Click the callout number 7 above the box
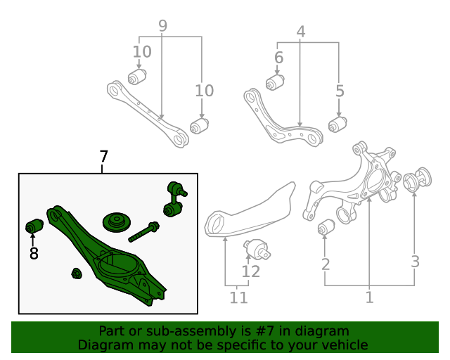tap(104, 157)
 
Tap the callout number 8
tap(34, 253)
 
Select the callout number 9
tap(162, 26)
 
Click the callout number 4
tap(301, 32)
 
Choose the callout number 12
tap(251, 271)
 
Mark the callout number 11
tap(239, 298)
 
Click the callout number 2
tap(326, 264)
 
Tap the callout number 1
tap(369, 297)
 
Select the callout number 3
tap(416, 262)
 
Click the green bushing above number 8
tap(34, 227)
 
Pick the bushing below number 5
tap(340, 124)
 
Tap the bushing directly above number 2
tap(326, 229)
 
